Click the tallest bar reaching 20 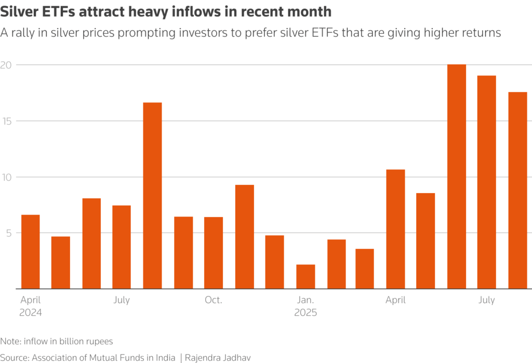coord(456,177)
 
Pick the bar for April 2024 coord(30,252)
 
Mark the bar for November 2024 coord(244,237)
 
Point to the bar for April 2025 coord(395,229)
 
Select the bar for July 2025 coord(487,182)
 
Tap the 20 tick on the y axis coord(7,65)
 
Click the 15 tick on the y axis coord(7,121)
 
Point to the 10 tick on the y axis coord(7,177)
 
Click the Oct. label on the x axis coord(214,300)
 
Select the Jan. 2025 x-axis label coord(305,306)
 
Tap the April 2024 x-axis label coord(31,306)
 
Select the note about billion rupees coord(57,342)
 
